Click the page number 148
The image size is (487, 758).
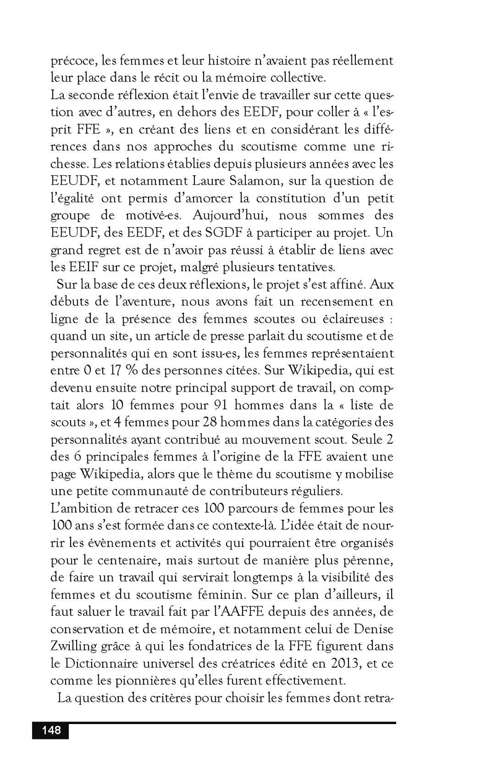coord(51,731)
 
